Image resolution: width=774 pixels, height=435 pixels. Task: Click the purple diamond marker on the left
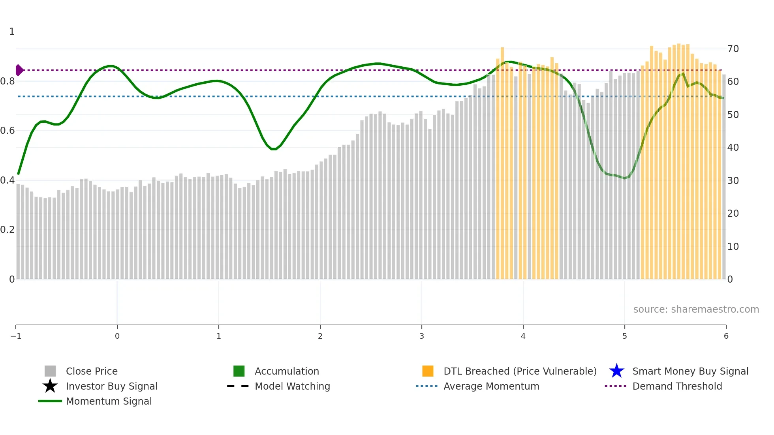[x=19, y=70]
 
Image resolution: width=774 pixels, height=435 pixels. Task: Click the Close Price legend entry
[x=91, y=371]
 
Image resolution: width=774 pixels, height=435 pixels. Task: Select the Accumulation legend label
[x=287, y=371]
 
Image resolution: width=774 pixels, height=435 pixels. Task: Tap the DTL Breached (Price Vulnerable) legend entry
[x=520, y=371]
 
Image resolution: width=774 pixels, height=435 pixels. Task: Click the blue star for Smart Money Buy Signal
[x=616, y=371]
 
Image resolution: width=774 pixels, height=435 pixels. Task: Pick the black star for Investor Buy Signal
[x=50, y=386]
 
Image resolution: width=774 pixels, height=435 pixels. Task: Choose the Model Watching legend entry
[x=292, y=386]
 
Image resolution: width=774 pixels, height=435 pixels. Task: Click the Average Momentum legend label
[x=491, y=386]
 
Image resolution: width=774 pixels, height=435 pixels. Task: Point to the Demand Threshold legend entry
[x=677, y=386]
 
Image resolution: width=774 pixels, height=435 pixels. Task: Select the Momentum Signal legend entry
[x=109, y=401]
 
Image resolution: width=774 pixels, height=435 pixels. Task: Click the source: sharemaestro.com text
[x=696, y=309]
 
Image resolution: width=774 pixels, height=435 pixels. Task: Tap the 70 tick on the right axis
[x=733, y=49]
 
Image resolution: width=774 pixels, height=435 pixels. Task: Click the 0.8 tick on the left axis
[x=8, y=81]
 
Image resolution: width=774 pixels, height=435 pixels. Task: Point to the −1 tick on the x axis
[x=16, y=336]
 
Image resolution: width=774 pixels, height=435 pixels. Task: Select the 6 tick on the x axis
[x=726, y=336]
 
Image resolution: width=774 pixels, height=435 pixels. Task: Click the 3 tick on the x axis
[x=422, y=336]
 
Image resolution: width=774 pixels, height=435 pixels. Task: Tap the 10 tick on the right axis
[x=733, y=247]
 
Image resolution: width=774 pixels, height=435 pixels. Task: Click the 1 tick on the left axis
[x=12, y=32]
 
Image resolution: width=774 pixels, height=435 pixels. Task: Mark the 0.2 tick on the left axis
[x=8, y=230]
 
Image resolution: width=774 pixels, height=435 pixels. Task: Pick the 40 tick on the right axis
[x=733, y=148]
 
